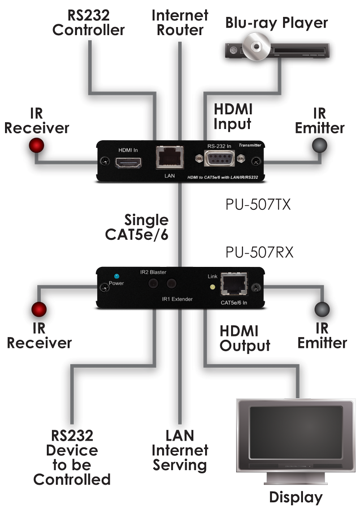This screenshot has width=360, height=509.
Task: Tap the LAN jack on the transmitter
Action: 168,157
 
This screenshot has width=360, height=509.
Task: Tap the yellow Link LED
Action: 212,286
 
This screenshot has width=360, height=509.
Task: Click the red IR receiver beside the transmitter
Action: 38,145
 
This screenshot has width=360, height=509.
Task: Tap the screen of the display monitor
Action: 289,434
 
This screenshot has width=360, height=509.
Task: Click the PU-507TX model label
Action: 257,204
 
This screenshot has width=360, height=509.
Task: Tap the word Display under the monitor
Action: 295,497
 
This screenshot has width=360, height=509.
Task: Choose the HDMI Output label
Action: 245,338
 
